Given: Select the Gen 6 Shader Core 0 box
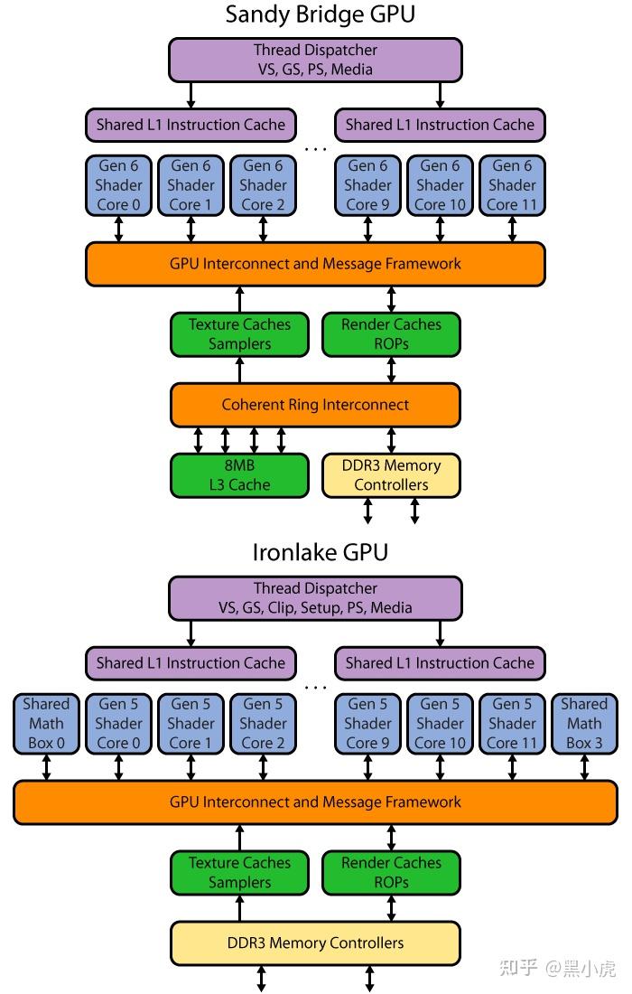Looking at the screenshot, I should (x=118, y=185).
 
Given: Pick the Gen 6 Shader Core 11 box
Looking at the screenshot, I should (x=512, y=185).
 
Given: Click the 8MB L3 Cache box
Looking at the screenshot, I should (x=239, y=475).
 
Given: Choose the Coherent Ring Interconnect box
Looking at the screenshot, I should (x=315, y=405).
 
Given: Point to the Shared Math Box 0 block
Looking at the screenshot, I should (x=46, y=723).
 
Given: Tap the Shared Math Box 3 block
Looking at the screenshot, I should (x=584, y=723).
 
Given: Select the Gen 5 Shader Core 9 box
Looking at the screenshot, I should (x=367, y=723).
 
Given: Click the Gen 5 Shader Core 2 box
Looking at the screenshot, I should (x=263, y=723).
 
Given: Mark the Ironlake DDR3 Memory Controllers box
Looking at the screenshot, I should (x=315, y=942).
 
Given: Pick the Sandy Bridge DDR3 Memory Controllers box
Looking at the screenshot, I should (x=391, y=475).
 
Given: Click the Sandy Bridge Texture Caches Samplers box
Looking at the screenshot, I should (x=239, y=334).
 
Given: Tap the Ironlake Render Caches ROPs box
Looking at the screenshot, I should (x=391, y=873).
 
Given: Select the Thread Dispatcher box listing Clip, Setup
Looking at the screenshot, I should (x=315, y=598).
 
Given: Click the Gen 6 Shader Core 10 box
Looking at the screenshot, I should (x=440, y=185).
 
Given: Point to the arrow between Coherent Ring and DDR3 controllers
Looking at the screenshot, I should (x=391, y=440).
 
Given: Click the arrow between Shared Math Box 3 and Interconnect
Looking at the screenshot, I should (x=584, y=768).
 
